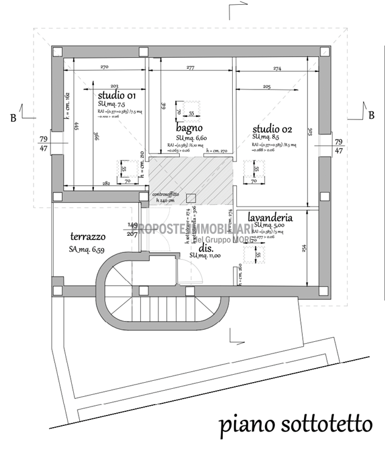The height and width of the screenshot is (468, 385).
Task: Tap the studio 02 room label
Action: tap(273, 129)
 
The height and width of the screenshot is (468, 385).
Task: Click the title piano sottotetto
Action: tap(295, 424)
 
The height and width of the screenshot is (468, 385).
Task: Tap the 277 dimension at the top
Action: tap(190, 68)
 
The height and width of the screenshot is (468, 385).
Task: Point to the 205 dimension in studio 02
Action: tap(267, 87)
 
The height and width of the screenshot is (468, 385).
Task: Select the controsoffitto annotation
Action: tap(168, 195)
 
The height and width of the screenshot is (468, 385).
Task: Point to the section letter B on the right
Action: tap(370, 114)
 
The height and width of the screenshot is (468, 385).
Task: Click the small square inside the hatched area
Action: tap(191, 197)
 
